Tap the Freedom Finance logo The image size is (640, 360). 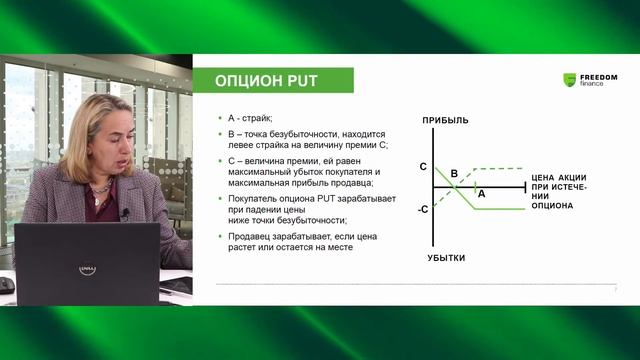tap(590, 80)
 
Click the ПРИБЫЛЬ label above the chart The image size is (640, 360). tap(444, 121)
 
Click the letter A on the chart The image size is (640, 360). tap(481, 194)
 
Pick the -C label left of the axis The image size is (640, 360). tap(423, 209)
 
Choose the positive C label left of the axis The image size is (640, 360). tap(423, 166)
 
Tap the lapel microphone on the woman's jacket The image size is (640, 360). tap(125, 213)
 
